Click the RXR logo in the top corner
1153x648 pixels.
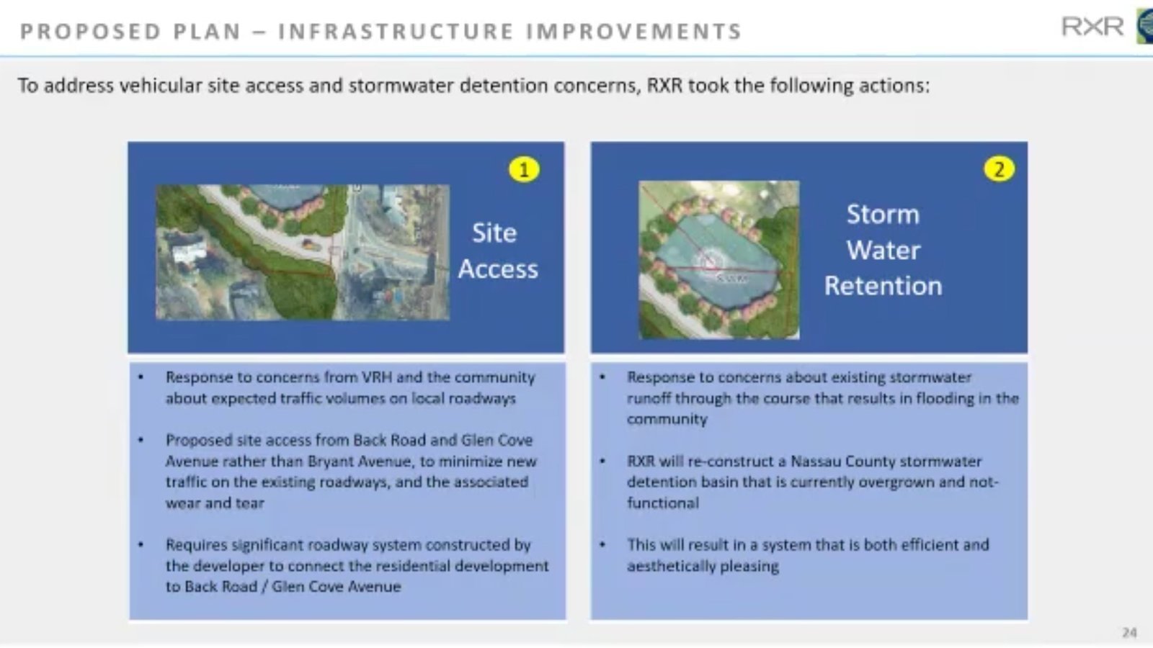pyautogui.click(x=1092, y=27)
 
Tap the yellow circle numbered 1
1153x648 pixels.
pyautogui.click(x=524, y=170)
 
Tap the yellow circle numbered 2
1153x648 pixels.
pyautogui.click(x=999, y=169)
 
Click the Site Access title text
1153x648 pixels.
pyautogui.click(x=497, y=251)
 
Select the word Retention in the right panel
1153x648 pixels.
pyautogui.click(x=883, y=286)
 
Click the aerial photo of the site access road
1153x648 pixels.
pyautogui.click(x=303, y=252)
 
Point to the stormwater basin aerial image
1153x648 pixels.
pyautogui.click(x=718, y=259)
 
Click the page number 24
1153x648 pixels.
pyautogui.click(x=1128, y=632)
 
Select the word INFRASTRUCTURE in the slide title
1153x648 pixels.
pyautogui.click(x=396, y=32)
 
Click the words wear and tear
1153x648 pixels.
pyautogui.click(x=215, y=503)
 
